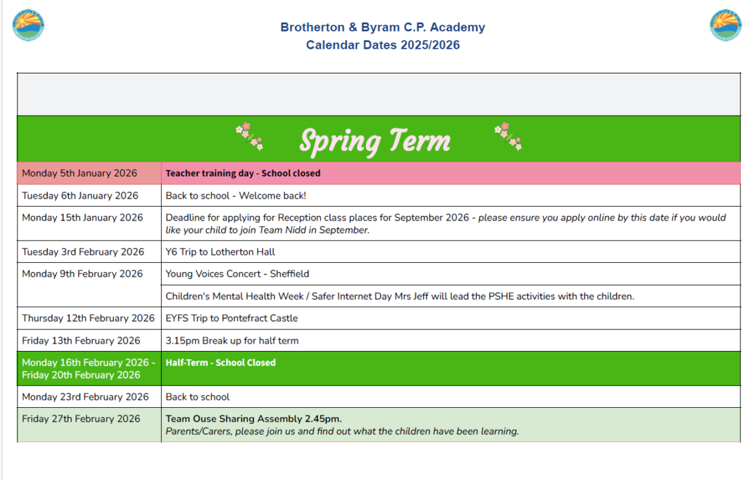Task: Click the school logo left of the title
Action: click(28, 25)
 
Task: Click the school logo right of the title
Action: click(726, 25)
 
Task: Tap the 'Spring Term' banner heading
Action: click(374, 140)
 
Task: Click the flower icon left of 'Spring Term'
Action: click(249, 135)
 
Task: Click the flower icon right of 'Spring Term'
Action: click(508, 136)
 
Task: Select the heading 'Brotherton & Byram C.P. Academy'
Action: click(383, 27)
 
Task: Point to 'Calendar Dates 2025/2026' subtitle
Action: click(383, 45)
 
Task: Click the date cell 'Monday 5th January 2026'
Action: click(80, 173)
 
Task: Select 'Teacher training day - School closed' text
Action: click(243, 173)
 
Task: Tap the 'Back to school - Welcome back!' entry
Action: click(235, 196)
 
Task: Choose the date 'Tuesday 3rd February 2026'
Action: click(83, 252)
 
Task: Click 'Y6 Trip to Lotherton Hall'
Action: click(220, 252)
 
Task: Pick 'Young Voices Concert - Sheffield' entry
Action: click(237, 274)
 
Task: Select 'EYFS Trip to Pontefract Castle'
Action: click(231, 318)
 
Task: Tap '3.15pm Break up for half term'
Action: click(231, 341)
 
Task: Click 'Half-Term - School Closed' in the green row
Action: click(221, 363)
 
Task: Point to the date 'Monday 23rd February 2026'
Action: click(85, 397)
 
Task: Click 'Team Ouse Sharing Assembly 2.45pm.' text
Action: click(253, 419)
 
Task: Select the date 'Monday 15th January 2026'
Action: click(82, 218)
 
